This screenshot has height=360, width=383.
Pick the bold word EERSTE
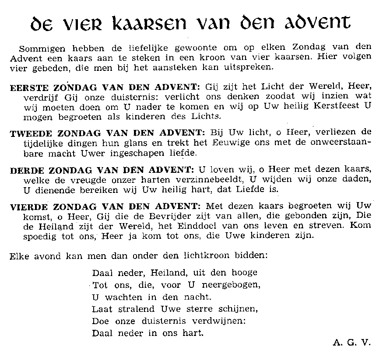click(26, 87)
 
